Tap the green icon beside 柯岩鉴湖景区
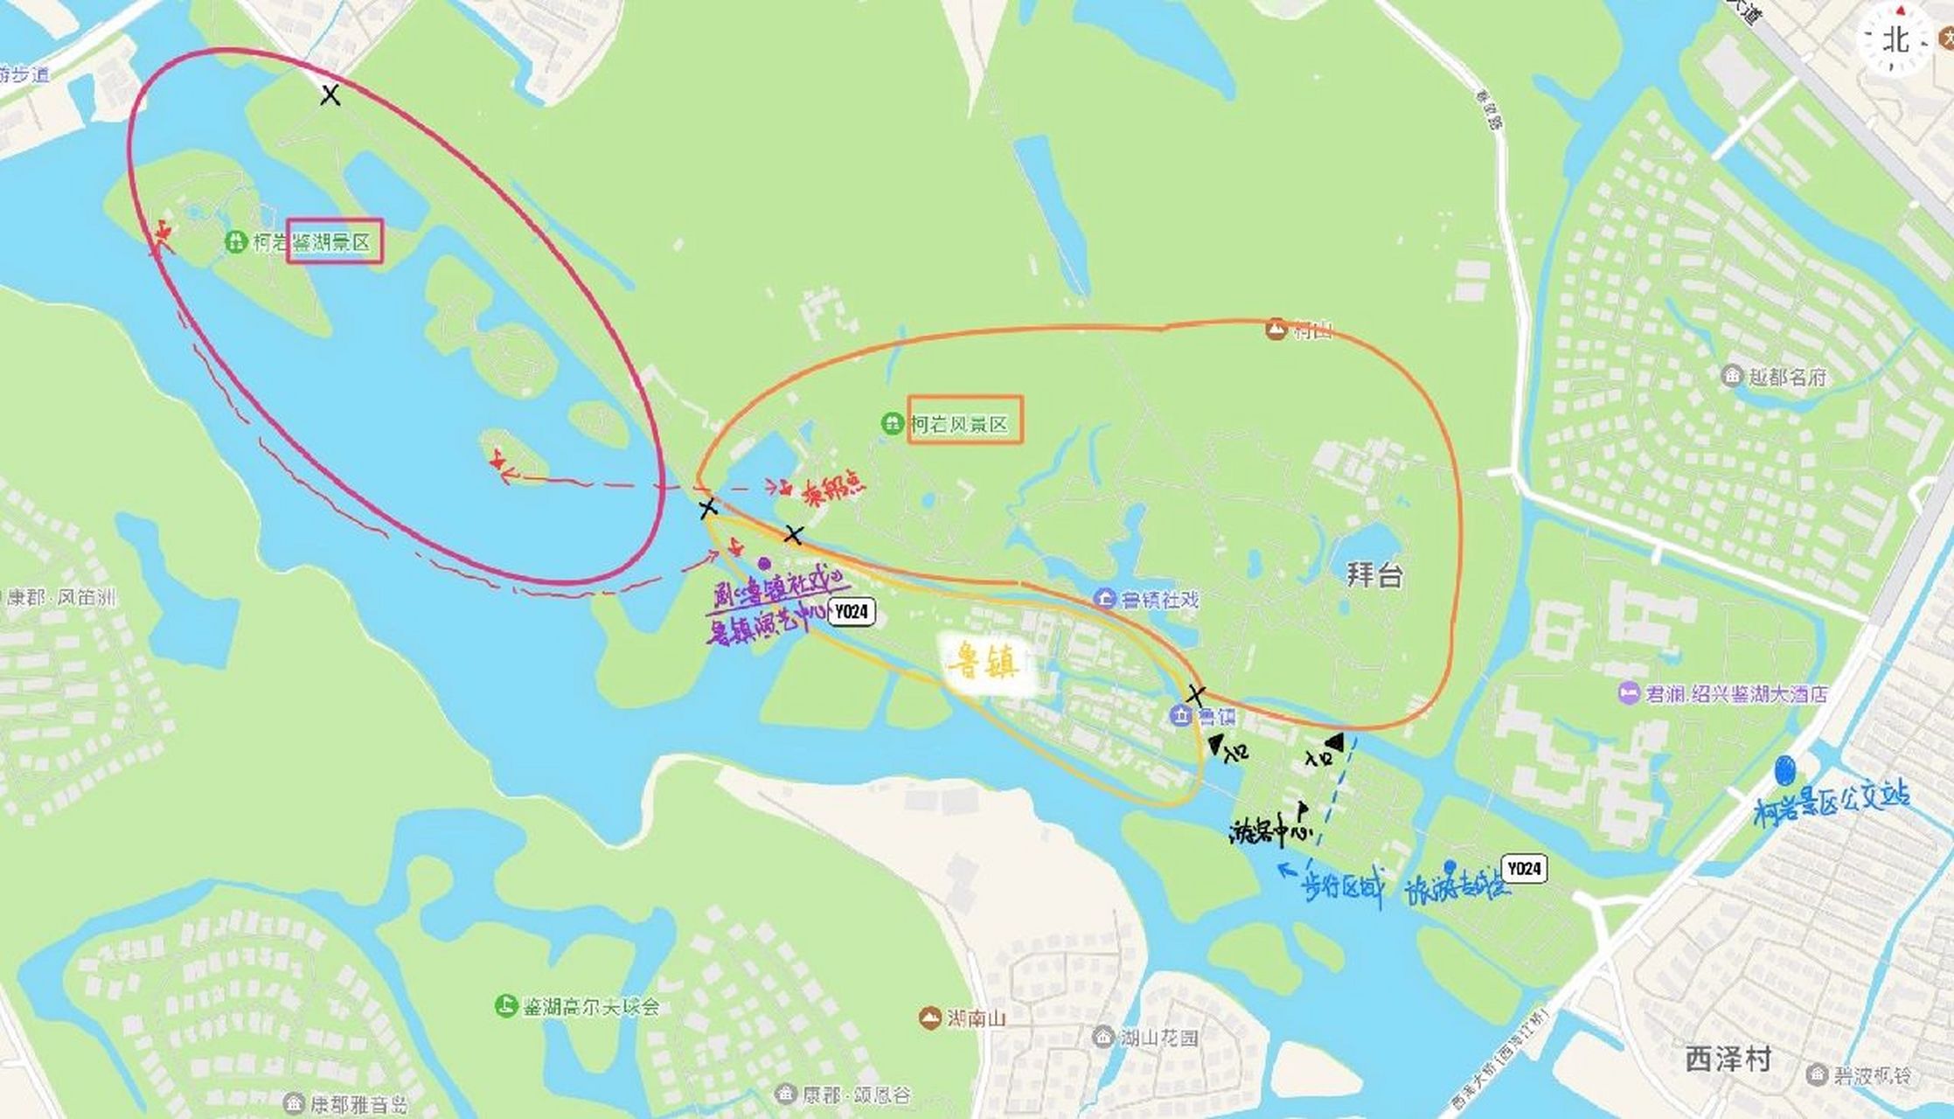point(235,241)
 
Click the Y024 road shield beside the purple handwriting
point(851,612)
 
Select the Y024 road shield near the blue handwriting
point(1524,868)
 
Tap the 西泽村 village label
point(1728,1059)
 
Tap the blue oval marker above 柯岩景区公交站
point(1784,771)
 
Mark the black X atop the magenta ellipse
point(330,95)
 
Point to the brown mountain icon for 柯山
point(1276,330)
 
